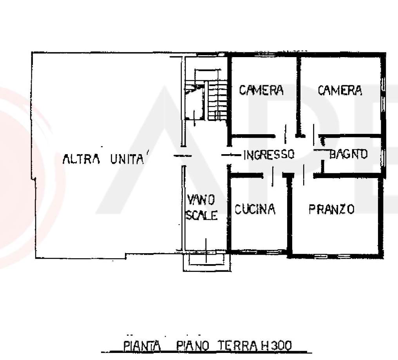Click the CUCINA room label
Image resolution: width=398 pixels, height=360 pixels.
pyautogui.click(x=255, y=209)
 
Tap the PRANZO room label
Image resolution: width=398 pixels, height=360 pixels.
pyautogui.click(x=331, y=209)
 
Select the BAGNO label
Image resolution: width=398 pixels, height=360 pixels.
pyautogui.click(x=348, y=154)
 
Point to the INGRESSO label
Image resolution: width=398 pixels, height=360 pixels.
pyautogui.click(x=269, y=154)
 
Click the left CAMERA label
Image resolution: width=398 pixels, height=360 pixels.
pyautogui.click(x=261, y=90)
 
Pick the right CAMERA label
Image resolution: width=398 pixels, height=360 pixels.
pyautogui.click(x=340, y=90)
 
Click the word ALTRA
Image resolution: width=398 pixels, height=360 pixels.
pyautogui.click(x=81, y=159)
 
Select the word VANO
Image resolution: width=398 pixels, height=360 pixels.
pyautogui.click(x=201, y=200)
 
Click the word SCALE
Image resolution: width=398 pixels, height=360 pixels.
pyautogui.click(x=202, y=215)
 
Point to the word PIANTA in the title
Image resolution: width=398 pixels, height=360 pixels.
pyautogui.click(x=142, y=346)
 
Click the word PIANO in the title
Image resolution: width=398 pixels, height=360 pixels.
pyautogui.click(x=193, y=346)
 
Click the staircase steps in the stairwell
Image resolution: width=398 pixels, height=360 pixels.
pyautogui.click(x=217, y=101)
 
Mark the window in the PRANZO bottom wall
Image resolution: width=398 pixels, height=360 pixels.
pyautogui.click(x=332, y=256)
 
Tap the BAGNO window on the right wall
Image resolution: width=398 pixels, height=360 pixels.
pyautogui.click(x=383, y=158)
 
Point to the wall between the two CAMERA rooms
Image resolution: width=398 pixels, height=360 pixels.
pyautogui.click(x=298, y=97)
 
